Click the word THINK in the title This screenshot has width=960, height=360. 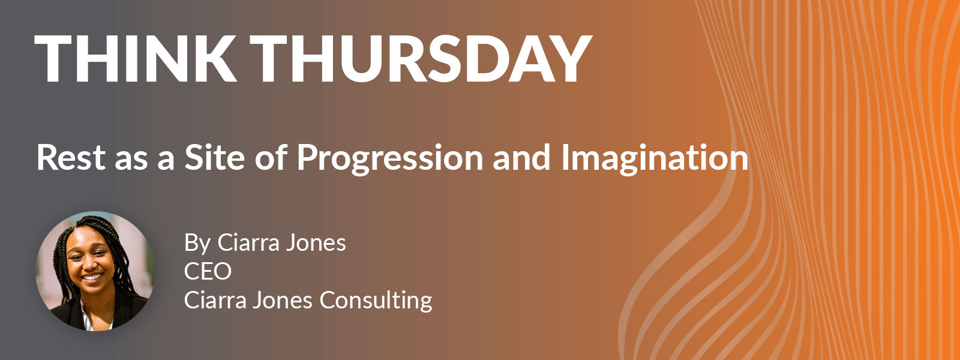[x=135, y=59]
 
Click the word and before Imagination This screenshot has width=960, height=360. [x=521, y=158]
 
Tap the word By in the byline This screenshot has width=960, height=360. [x=197, y=244]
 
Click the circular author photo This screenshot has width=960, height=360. [x=95, y=271]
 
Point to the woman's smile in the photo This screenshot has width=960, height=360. [x=92, y=277]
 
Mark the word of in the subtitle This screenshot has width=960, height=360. [x=271, y=158]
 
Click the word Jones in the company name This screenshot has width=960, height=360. [x=283, y=301]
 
